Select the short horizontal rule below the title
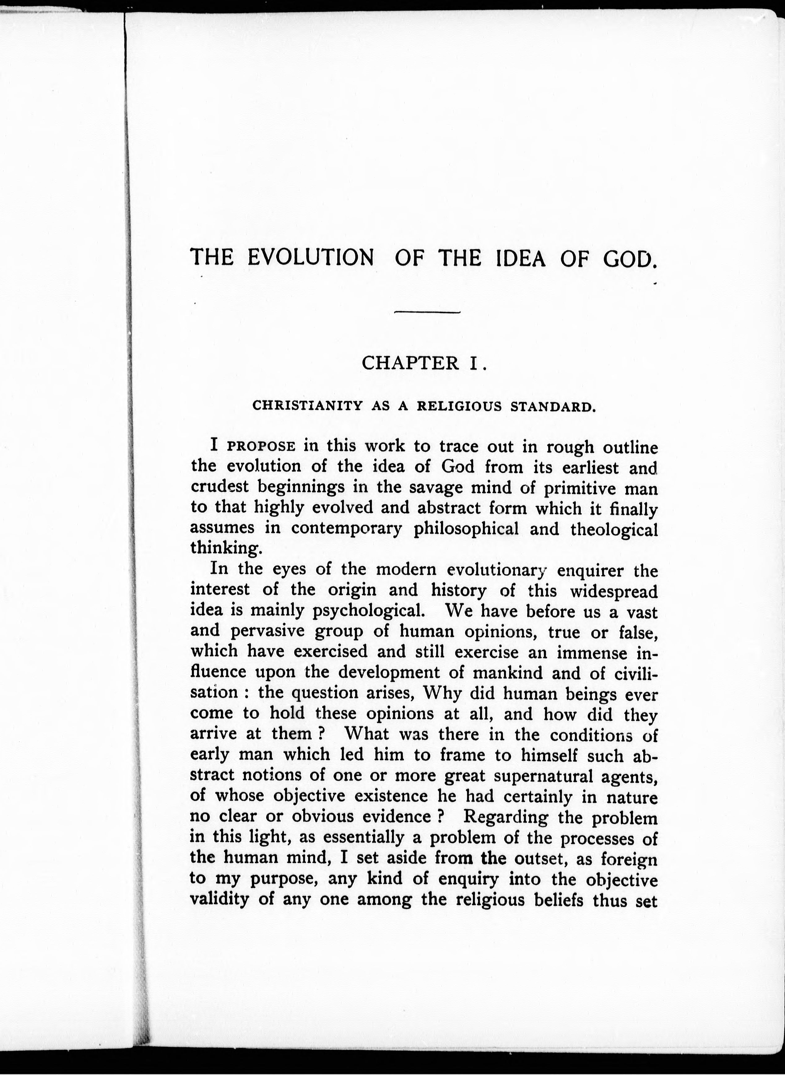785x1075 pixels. click(427, 312)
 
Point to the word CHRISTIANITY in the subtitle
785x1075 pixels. click(307, 406)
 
